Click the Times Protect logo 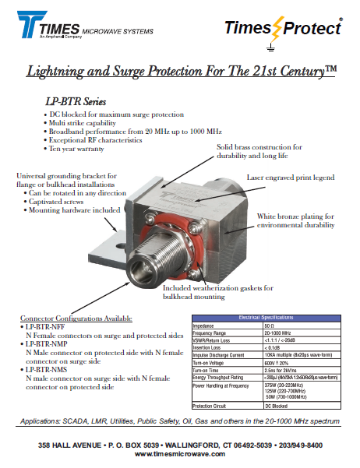pyautogui.click(x=282, y=30)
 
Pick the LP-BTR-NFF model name pyautogui.click(x=55, y=327)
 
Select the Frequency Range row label pyautogui.click(x=214, y=333)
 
